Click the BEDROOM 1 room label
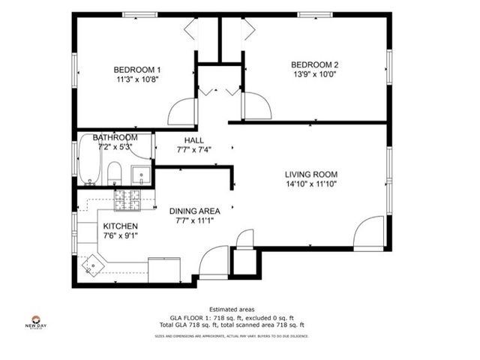tap(137, 69)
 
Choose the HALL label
tap(193, 139)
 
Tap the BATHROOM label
tap(115, 138)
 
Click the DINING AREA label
tap(193, 211)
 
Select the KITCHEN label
tap(120, 226)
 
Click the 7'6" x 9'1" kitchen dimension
tap(120, 235)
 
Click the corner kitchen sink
tap(93, 265)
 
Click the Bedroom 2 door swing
tap(256, 106)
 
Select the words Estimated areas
tap(232, 309)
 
